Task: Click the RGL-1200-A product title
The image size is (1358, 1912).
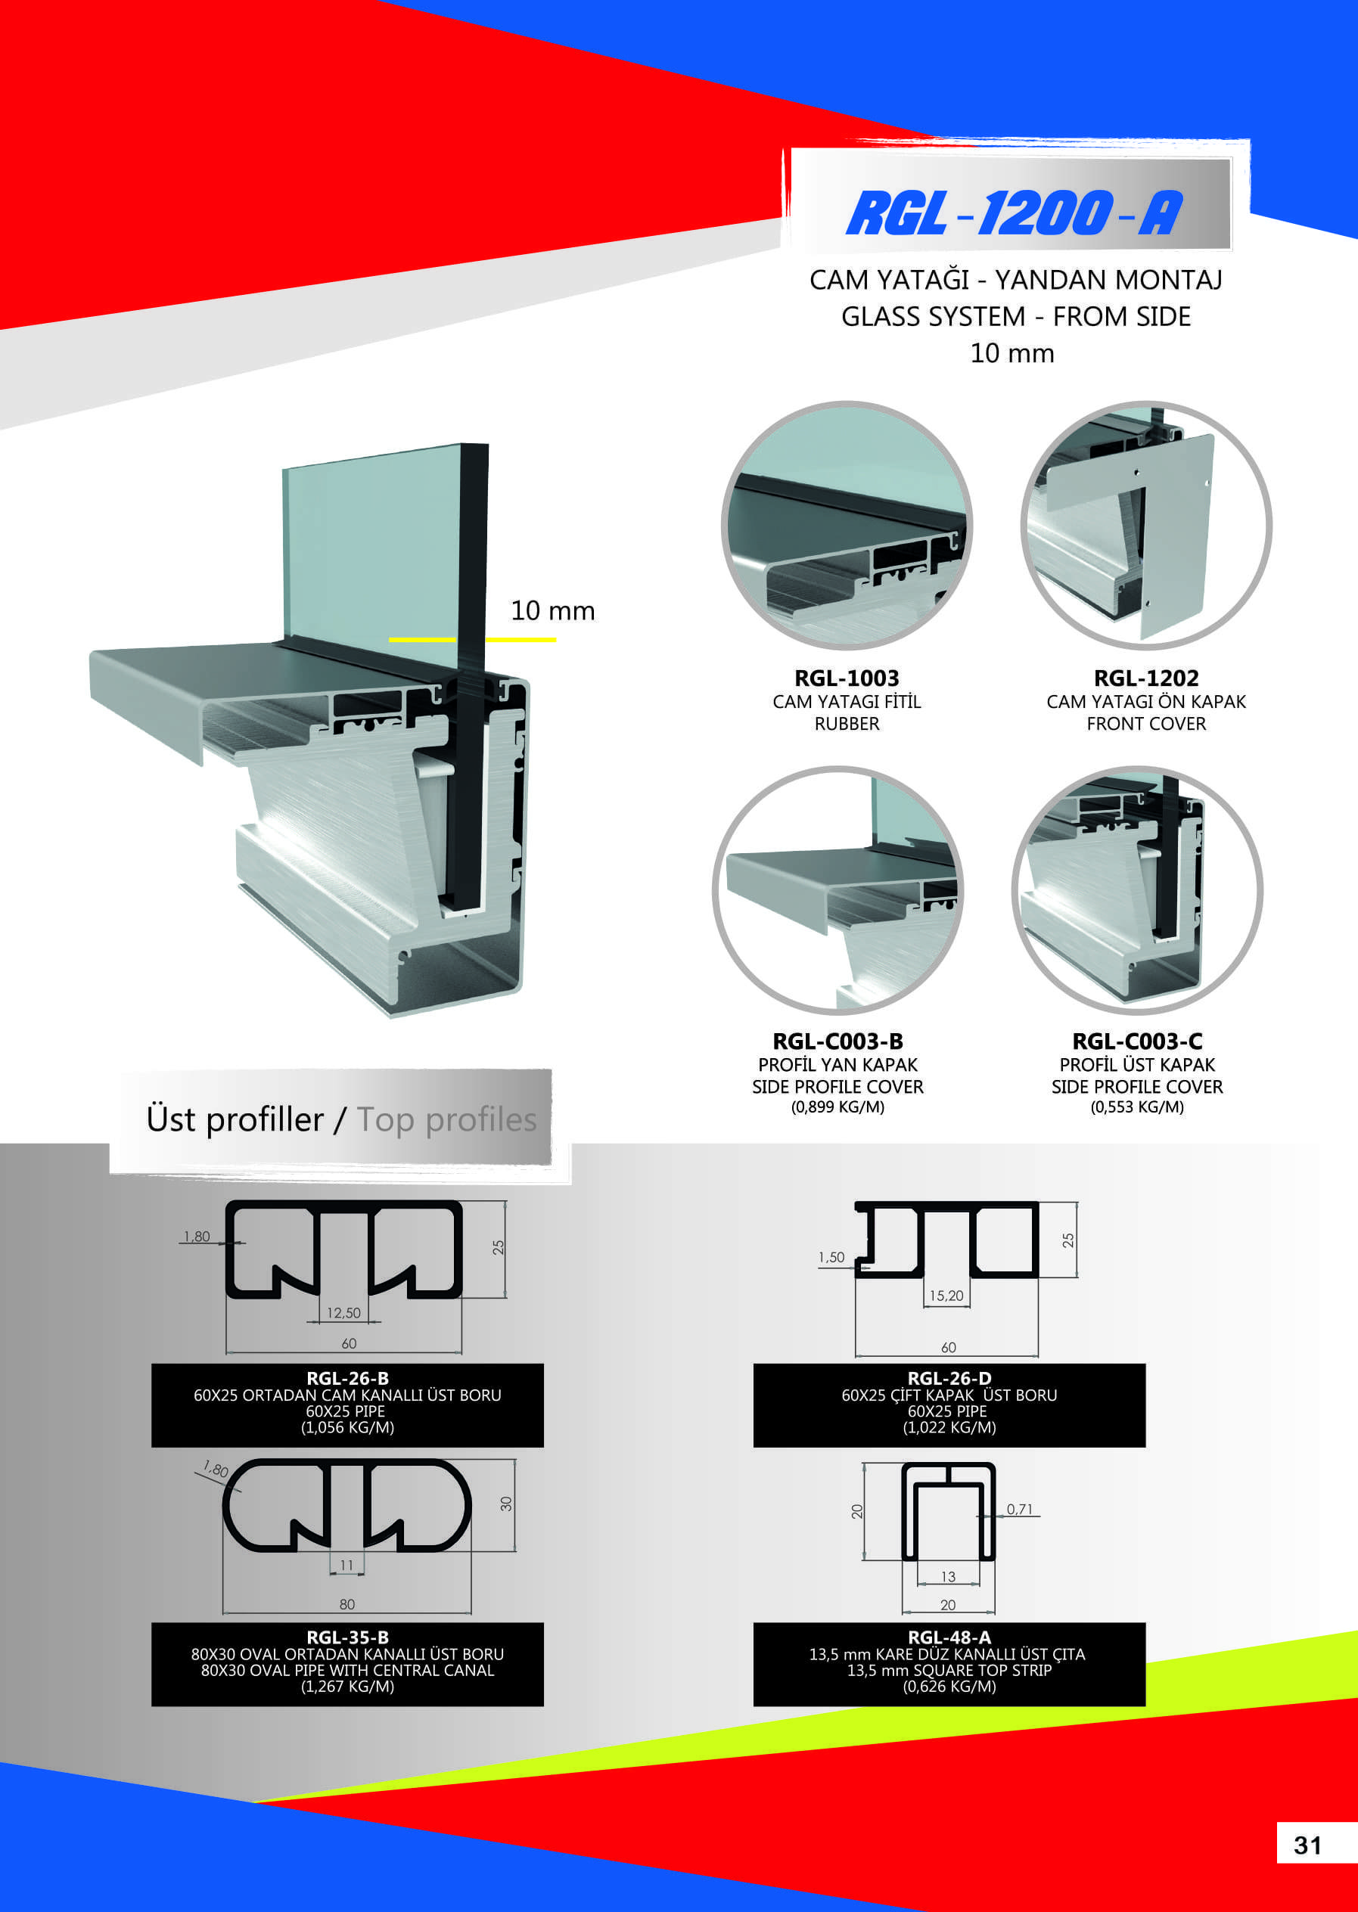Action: pos(1015,213)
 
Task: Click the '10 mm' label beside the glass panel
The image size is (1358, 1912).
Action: pos(553,610)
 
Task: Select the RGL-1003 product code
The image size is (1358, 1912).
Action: pos(847,678)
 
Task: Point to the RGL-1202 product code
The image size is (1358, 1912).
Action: pos(1145,678)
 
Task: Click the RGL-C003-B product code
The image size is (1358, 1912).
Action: pos(838,1041)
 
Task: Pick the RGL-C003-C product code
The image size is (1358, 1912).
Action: pos(1137,1041)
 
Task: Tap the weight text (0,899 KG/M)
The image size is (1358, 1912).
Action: pos(838,1107)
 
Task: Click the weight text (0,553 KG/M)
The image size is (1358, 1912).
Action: pos(1137,1107)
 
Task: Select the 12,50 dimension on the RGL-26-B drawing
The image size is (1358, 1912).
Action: pos(343,1312)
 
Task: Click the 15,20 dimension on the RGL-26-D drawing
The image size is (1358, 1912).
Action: pos(946,1295)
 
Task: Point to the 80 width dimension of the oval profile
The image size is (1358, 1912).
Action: pos(347,1604)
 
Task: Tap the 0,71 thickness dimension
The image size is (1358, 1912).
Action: pos(1019,1509)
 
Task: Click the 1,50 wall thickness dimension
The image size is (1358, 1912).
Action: pos(831,1257)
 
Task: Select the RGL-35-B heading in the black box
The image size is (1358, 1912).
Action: pos(348,1637)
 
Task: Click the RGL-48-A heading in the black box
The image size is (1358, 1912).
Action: pos(949,1637)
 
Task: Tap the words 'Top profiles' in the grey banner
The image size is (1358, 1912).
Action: pos(446,1119)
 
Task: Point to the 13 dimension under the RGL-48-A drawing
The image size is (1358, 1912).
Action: pos(947,1577)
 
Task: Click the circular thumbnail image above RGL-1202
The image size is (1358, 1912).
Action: pos(1145,525)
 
